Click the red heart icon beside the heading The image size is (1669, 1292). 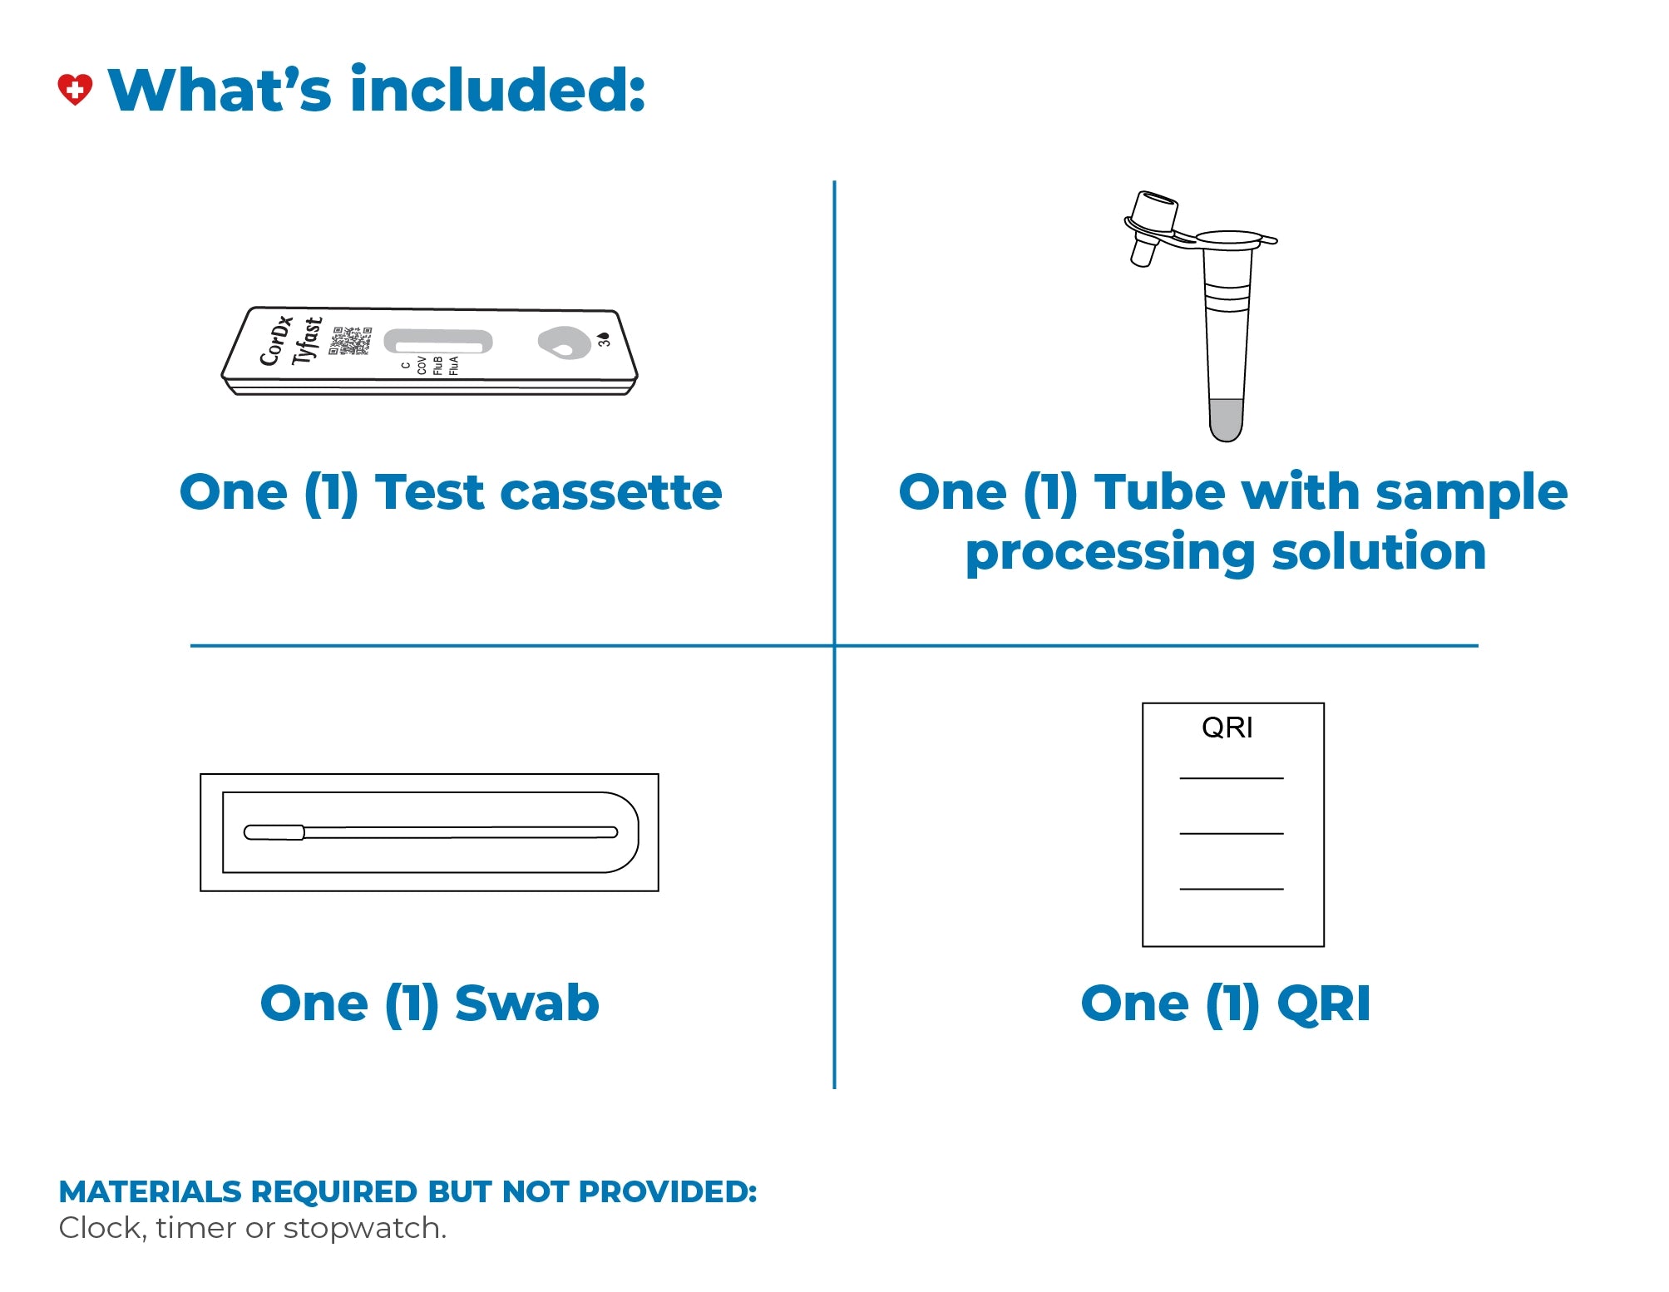tap(75, 89)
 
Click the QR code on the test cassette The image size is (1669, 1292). tap(351, 341)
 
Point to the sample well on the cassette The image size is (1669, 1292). tap(564, 342)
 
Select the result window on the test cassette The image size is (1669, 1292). tap(438, 342)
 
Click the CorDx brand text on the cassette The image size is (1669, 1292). tap(277, 340)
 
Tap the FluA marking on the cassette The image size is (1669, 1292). tap(454, 366)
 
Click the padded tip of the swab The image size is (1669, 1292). tap(274, 832)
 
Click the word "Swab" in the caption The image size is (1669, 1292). tap(527, 1003)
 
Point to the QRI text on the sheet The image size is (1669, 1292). tap(1227, 727)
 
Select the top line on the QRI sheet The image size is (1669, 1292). tap(1232, 778)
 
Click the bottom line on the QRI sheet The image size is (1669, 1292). tap(1232, 889)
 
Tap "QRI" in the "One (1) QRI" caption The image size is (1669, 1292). tap(1324, 1003)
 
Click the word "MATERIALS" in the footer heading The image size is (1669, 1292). tap(150, 1191)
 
